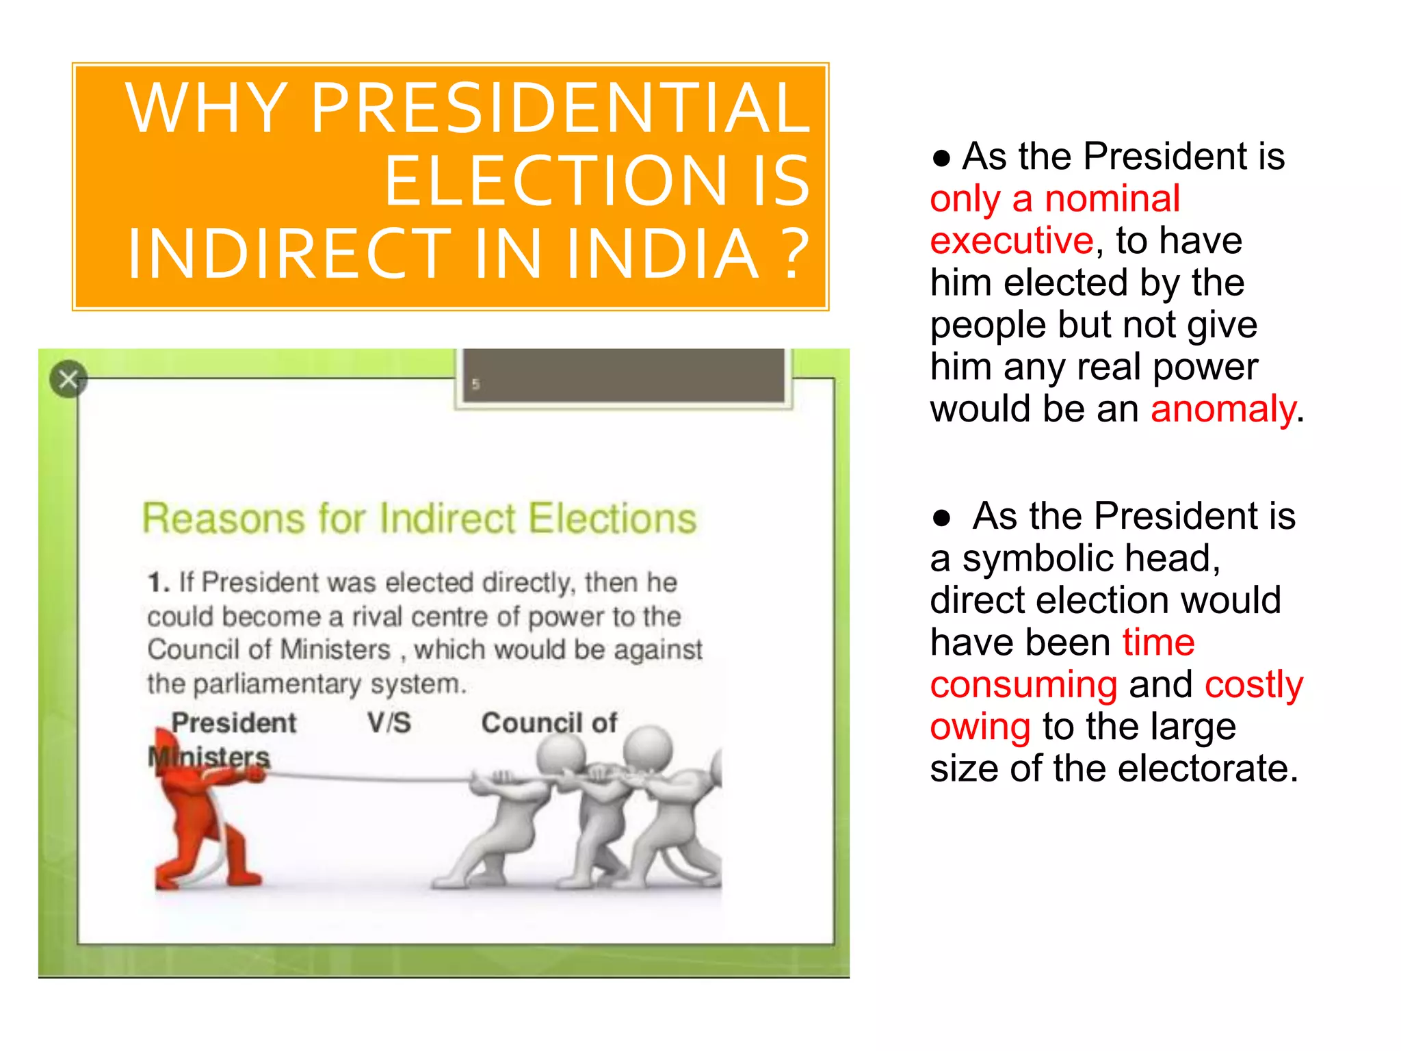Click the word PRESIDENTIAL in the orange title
pos(561,108)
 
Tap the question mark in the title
pos(796,253)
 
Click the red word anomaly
pos(1222,409)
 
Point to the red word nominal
pos(1112,199)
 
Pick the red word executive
pos(1012,241)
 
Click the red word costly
pos(1253,685)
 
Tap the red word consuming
pos(1023,685)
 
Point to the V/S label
pos(389,723)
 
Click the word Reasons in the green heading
pos(223,518)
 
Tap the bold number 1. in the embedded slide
pos(158,582)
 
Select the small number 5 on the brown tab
pos(475,385)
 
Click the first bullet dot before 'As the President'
pos(941,158)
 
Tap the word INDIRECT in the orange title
pos(289,253)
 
